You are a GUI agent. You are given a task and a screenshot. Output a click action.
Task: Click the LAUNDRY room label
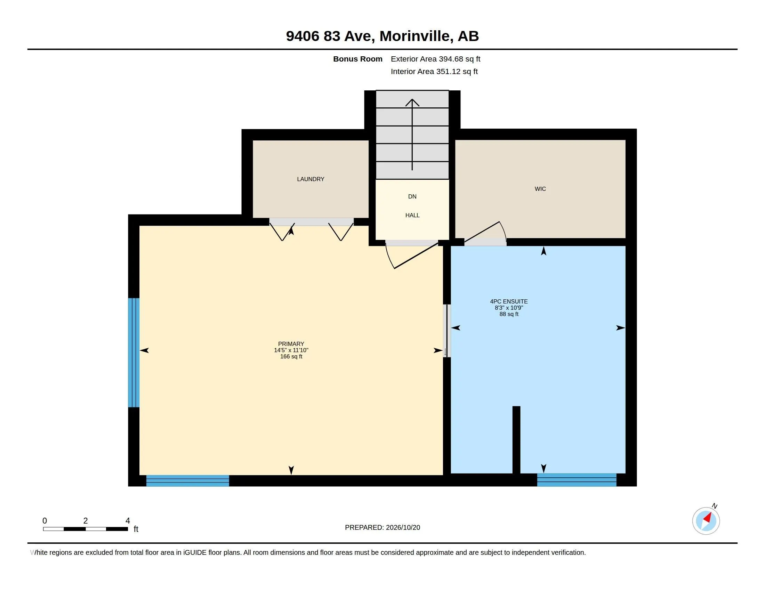pyautogui.click(x=310, y=179)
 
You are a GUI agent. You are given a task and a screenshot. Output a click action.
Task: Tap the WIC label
pyautogui.click(x=540, y=189)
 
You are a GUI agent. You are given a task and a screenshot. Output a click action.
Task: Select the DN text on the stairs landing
pyautogui.click(x=412, y=196)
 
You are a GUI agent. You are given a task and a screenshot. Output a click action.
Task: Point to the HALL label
pyautogui.click(x=412, y=215)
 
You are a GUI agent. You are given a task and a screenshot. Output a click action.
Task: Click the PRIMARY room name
pyautogui.click(x=291, y=344)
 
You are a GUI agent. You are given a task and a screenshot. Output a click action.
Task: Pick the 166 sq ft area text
pyautogui.click(x=291, y=356)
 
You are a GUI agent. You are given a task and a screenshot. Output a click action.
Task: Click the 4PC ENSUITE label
pyautogui.click(x=509, y=301)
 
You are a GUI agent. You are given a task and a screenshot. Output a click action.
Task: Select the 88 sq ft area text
pyautogui.click(x=509, y=314)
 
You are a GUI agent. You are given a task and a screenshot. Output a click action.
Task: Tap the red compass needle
pyautogui.click(x=707, y=518)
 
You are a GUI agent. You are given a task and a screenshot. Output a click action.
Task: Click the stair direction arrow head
pyautogui.click(x=412, y=103)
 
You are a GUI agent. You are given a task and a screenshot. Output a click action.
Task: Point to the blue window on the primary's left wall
pyautogui.click(x=134, y=353)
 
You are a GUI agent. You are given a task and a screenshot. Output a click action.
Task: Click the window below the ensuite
pyautogui.click(x=577, y=480)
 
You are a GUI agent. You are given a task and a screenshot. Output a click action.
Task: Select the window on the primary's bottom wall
pyautogui.click(x=187, y=481)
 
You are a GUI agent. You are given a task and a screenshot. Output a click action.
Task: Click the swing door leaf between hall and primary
pyautogui.click(x=416, y=256)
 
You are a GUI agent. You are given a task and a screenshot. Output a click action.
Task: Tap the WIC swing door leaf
pyautogui.click(x=482, y=232)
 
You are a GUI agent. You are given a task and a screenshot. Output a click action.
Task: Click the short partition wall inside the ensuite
pyautogui.click(x=516, y=440)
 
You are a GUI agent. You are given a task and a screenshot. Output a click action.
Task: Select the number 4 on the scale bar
pyautogui.click(x=128, y=521)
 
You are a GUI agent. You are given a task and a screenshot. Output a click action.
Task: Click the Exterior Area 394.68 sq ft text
pyautogui.click(x=435, y=59)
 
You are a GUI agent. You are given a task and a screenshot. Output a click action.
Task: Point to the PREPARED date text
pyautogui.click(x=382, y=527)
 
